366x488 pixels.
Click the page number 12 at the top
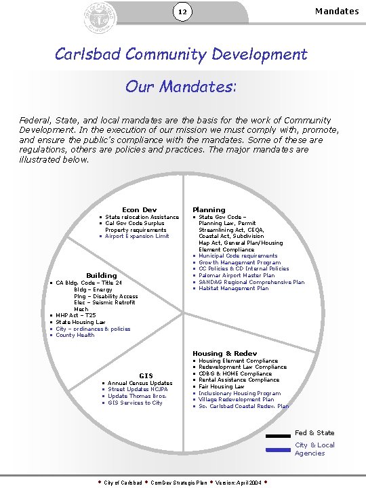(x=182, y=12)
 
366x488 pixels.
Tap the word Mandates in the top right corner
(x=337, y=11)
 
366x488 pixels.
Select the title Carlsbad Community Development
(x=182, y=54)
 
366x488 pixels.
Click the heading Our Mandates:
(x=181, y=87)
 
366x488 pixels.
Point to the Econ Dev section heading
(x=139, y=210)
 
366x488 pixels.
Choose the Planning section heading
(x=209, y=210)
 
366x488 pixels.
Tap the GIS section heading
(x=146, y=375)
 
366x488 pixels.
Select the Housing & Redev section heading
(x=224, y=353)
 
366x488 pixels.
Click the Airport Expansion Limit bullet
(x=137, y=237)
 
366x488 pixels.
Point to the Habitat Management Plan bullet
(x=233, y=289)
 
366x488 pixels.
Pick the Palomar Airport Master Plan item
(x=237, y=276)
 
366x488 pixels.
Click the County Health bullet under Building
(x=75, y=335)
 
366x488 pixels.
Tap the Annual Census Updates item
(x=140, y=383)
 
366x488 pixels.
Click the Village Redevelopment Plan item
(x=237, y=400)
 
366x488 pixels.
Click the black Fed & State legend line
(x=278, y=436)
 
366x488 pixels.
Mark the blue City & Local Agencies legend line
(x=278, y=449)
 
